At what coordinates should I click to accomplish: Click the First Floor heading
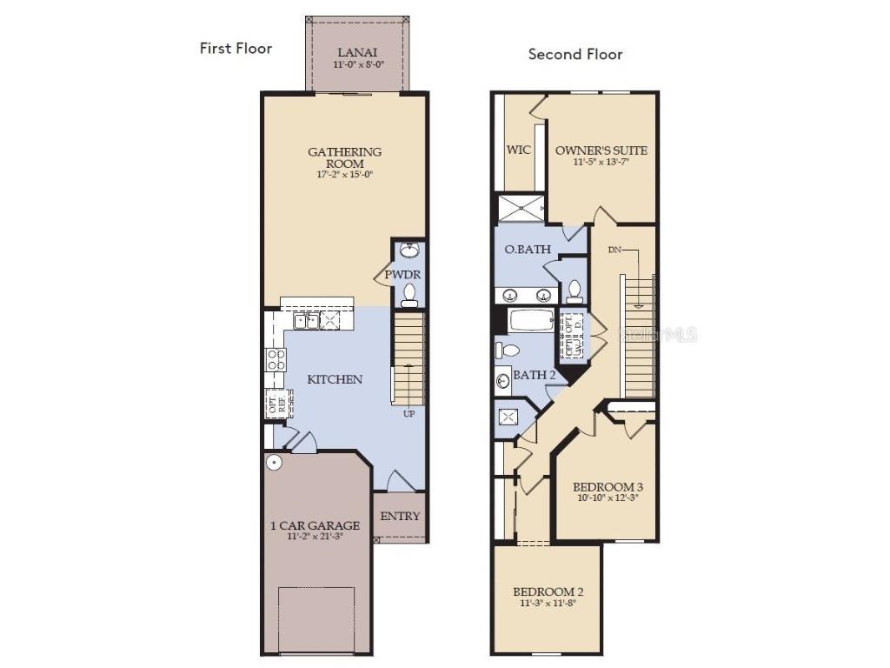point(236,48)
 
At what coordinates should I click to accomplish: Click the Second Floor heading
point(575,54)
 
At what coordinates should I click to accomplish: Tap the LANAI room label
point(357,52)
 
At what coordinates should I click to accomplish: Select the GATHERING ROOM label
point(345,157)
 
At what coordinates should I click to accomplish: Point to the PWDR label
point(402,275)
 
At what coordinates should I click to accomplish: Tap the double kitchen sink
point(305,321)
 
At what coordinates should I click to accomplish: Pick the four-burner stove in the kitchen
point(276,359)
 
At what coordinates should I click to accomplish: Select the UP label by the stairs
point(408,414)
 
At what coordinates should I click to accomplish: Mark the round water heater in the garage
point(275,463)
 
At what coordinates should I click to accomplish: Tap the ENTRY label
point(400,516)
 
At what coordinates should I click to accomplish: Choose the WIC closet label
point(519,150)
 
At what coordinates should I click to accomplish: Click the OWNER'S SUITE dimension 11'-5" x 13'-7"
point(601,162)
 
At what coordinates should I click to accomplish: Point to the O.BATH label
point(528,250)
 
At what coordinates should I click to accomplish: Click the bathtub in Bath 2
point(532,320)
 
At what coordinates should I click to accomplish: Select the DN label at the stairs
point(614,250)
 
